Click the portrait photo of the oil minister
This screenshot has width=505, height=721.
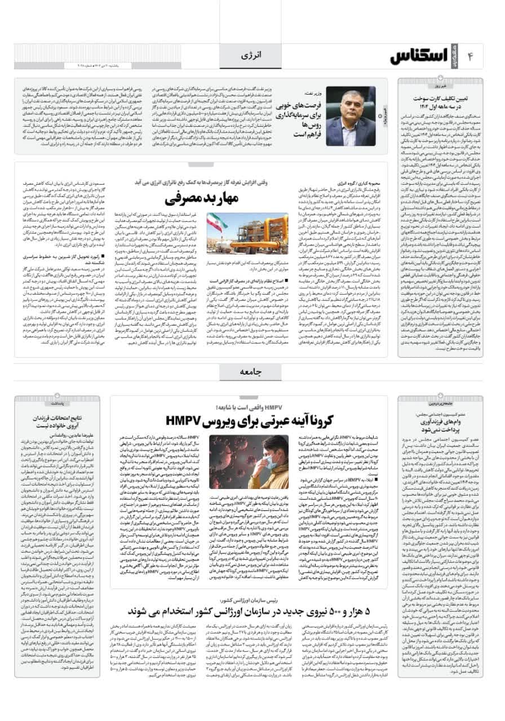tap(351, 116)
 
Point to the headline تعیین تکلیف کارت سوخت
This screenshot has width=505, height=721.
tap(441, 102)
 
